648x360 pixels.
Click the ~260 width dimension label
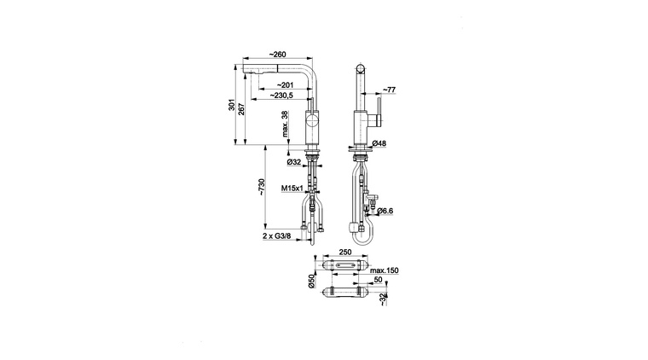click(277, 55)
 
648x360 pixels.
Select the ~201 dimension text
click(285, 85)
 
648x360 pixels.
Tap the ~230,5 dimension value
click(281, 96)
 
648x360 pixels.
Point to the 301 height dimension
click(232, 105)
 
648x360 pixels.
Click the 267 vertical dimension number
click(242, 108)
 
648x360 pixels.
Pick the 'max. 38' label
click(285, 124)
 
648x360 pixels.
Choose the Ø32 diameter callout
click(294, 162)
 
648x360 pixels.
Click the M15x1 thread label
click(292, 189)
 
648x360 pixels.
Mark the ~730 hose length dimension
click(261, 187)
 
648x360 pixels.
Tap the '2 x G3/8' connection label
click(277, 236)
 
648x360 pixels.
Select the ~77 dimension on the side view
click(389, 90)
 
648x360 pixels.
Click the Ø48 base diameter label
click(379, 143)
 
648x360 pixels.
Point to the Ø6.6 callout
click(385, 212)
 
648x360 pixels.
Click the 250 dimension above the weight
click(345, 252)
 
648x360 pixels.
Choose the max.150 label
click(385, 270)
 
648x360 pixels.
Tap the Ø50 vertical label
click(311, 281)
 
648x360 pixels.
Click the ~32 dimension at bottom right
click(384, 299)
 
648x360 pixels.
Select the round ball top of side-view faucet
click(361, 68)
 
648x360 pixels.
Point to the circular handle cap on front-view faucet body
click(311, 122)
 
